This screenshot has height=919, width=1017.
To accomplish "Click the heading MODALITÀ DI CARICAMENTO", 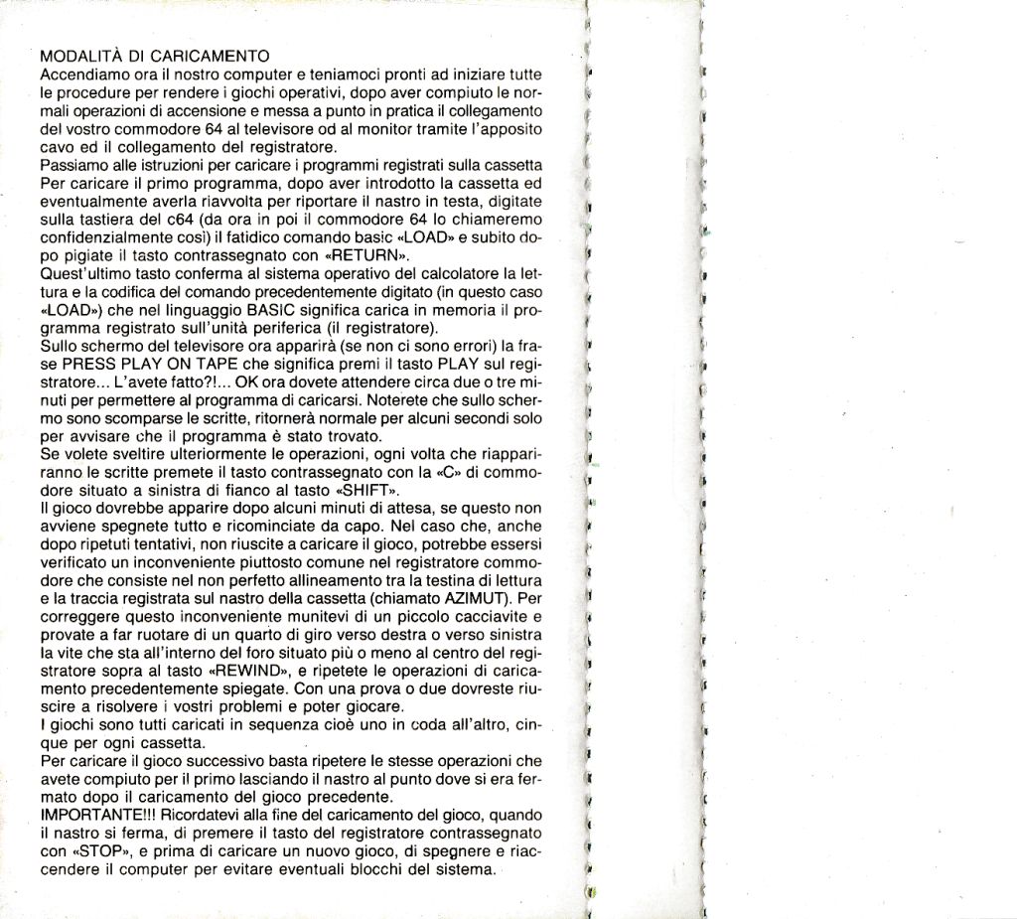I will tap(155, 56).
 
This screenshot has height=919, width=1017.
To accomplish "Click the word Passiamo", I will tap(73, 164).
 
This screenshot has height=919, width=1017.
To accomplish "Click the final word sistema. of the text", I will tap(465, 869).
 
